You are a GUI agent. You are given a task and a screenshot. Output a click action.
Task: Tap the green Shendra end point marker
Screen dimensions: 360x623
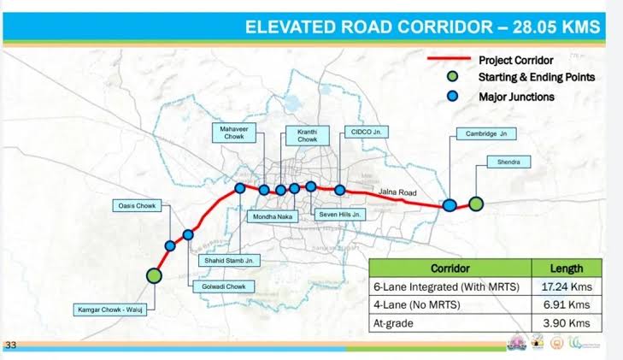476,204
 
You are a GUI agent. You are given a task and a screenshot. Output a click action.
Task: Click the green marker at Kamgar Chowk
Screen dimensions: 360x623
154,275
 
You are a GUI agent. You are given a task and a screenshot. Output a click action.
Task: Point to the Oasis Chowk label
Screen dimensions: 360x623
132,206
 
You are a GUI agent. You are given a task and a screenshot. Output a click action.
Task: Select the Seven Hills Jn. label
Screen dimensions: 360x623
341,215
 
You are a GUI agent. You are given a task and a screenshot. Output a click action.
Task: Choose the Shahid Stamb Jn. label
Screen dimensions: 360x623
229,260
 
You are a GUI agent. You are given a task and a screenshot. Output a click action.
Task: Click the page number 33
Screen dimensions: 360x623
12,345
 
